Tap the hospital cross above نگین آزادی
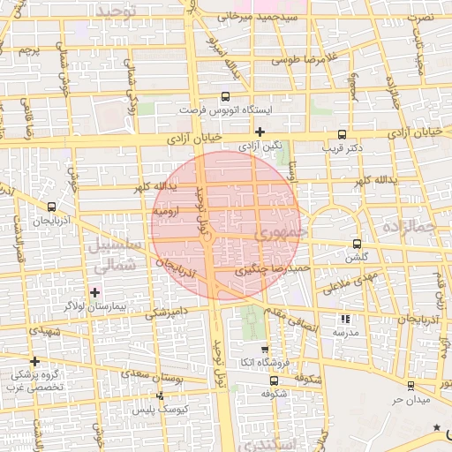pyautogui.click(x=259, y=132)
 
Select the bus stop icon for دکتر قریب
pyautogui.click(x=342, y=134)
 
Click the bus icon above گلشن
pyautogui.click(x=357, y=244)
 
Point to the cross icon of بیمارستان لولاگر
pyautogui.click(x=94, y=291)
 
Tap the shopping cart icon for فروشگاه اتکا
pyautogui.click(x=265, y=350)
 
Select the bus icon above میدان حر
pyautogui.click(x=411, y=386)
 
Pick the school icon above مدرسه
pyautogui.click(x=344, y=320)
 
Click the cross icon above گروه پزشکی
pyautogui.click(x=34, y=361)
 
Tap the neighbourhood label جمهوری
pyautogui.click(x=281, y=236)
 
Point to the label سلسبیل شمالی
pyautogui.click(x=111, y=252)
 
